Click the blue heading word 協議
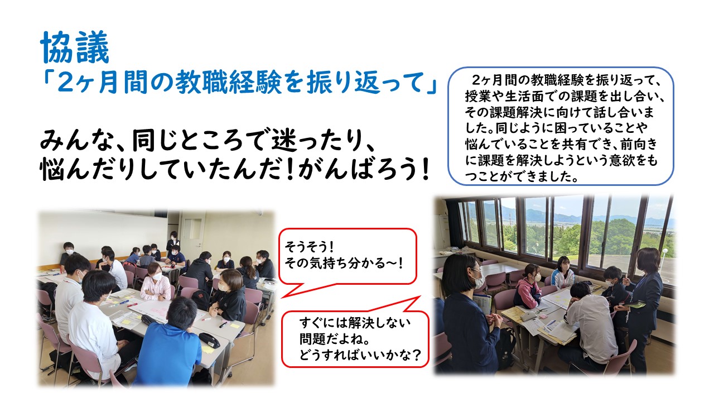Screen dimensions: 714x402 tap(75, 47)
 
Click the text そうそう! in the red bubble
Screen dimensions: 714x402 tap(309, 246)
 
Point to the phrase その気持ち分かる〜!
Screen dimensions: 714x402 tap(344, 264)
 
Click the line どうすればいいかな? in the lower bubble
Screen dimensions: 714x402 tap(360, 355)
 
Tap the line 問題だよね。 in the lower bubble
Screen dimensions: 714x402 tap(335, 339)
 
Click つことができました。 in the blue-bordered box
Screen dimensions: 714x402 tap(522, 176)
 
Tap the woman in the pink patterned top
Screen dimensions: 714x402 tap(156, 283)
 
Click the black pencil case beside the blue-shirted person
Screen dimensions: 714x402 tap(209, 340)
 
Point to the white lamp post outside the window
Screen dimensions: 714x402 tap(665, 255)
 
